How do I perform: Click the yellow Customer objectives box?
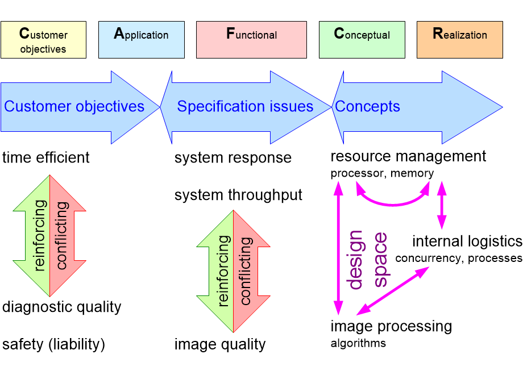[43, 40]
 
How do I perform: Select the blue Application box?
[142, 40]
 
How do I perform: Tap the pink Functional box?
[252, 40]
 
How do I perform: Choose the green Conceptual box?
[362, 40]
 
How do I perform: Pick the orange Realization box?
[460, 40]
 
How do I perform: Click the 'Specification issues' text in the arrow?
[245, 107]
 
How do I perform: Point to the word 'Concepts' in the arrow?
[367, 107]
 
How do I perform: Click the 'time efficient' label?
[46, 157]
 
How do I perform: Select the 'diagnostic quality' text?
[62, 307]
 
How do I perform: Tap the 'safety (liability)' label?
[54, 344]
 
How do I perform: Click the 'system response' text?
[233, 157]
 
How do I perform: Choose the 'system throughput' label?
[239, 195]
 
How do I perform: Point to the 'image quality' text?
[220, 344]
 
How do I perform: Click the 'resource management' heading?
[408, 156]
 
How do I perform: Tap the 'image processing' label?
[391, 327]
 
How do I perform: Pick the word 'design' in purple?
[355, 260]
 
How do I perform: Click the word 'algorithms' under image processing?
[358, 343]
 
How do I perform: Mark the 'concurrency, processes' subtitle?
[459, 259]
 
